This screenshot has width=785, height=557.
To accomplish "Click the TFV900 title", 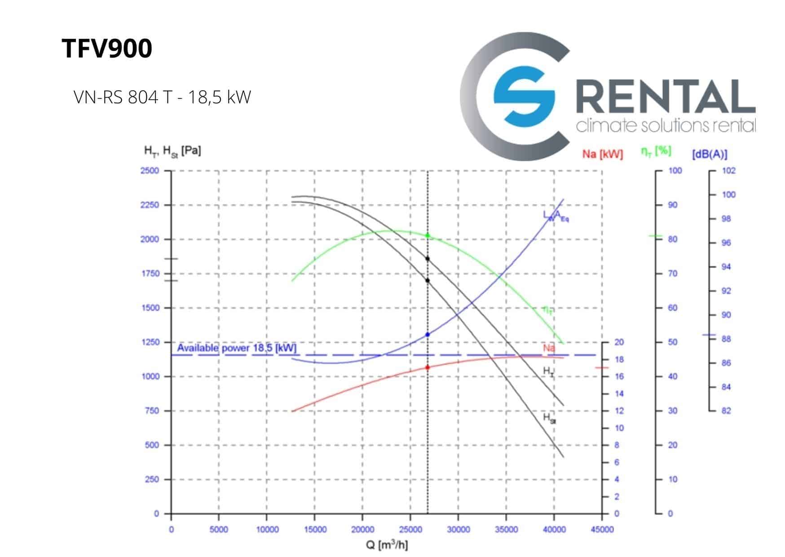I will pyautogui.click(x=107, y=49).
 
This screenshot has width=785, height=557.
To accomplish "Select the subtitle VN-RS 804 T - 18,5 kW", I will pyautogui.click(x=162, y=97).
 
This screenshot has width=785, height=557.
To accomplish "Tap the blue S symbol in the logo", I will pyautogui.click(x=524, y=96).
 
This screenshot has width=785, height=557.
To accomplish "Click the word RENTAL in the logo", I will pyautogui.click(x=665, y=97).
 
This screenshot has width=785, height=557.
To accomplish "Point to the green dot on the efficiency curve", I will pyautogui.click(x=428, y=235).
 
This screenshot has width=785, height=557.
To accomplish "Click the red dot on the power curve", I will pyautogui.click(x=428, y=367).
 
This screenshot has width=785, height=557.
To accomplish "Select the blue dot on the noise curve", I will pyautogui.click(x=428, y=335).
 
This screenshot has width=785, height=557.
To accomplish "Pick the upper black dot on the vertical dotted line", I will pyautogui.click(x=428, y=259).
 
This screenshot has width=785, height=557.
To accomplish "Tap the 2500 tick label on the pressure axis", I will pyautogui.click(x=150, y=171).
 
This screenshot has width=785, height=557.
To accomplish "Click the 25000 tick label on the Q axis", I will pyautogui.click(x=410, y=530).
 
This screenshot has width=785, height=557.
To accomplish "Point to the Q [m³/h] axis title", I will pyautogui.click(x=387, y=545).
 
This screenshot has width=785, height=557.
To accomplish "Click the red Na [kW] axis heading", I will pyautogui.click(x=602, y=154).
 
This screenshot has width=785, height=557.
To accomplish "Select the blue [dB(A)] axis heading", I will pyautogui.click(x=710, y=154).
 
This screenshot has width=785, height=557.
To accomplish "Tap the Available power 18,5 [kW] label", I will pyautogui.click(x=237, y=348).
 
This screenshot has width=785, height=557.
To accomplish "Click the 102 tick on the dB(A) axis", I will pyautogui.click(x=728, y=171).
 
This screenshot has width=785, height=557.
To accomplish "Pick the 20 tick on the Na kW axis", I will pyautogui.click(x=619, y=342).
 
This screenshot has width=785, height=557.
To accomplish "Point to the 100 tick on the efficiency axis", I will pyautogui.click(x=675, y=171).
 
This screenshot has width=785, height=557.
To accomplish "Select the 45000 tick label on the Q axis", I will pyautogui.click(x=602, y=530).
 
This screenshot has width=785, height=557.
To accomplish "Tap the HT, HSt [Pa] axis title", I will pyautogui.click(x=172, y=151).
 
